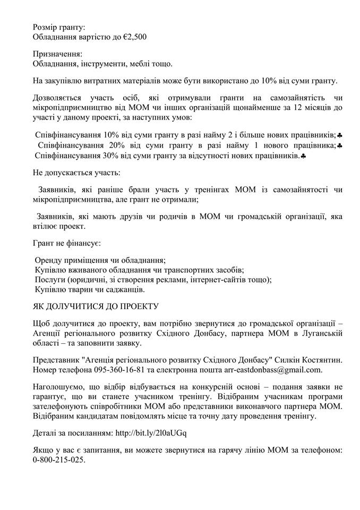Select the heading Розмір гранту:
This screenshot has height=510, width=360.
click(x=58, y=27)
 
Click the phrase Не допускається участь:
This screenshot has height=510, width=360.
click(x=76, y=173)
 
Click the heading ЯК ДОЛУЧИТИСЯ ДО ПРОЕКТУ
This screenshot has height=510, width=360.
click(x=96, y=307)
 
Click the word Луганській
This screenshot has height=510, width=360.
click(x=318, y=333)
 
